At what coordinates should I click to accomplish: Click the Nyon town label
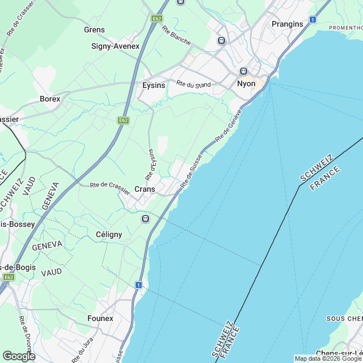(x=246, y=83)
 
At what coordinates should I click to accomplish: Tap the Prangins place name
(x=287, y=24)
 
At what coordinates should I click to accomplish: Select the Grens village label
(x=94, y=29)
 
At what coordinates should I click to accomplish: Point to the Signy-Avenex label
(x=115, y=46)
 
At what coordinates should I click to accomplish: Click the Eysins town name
(x=153, y=85)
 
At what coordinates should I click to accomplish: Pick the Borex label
(x=50, y=99)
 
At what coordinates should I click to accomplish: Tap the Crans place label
(x=145, y=189)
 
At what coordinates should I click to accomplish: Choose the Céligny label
(x=109, y=235)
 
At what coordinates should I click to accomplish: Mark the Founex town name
(x=100, y=318)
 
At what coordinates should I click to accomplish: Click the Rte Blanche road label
(x=176, y=35)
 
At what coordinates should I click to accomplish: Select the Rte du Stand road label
(x=193, y=85)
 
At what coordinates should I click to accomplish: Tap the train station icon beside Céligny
(x=145, y=218)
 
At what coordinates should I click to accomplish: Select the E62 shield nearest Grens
(x=157, y=19)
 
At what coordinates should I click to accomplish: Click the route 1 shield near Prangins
(x=313, y=20)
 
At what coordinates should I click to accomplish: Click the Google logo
(x=18, y=356)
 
